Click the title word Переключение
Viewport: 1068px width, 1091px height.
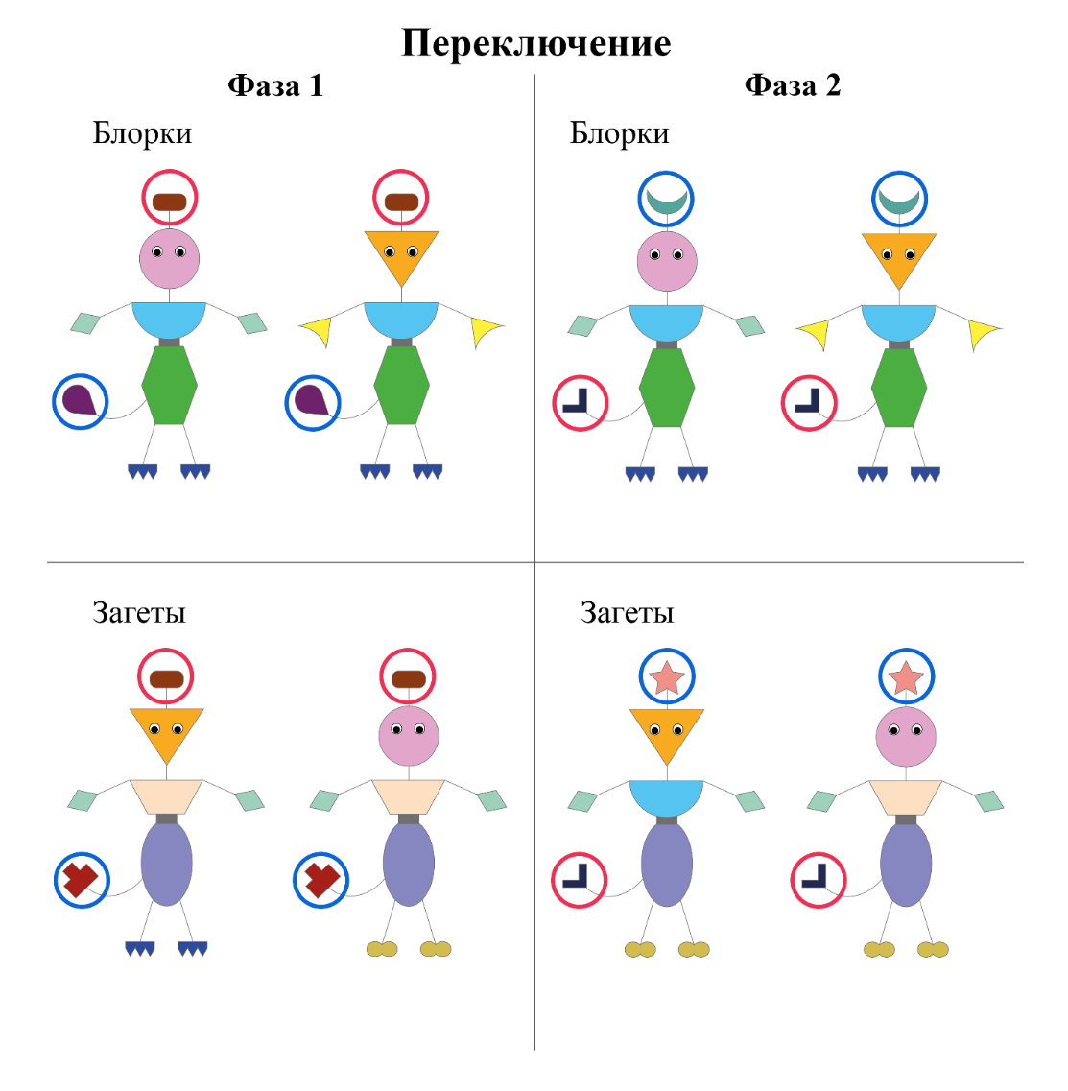[535, 43]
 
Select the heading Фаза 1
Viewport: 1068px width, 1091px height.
[275, 86]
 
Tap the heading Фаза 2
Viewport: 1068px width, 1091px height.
[792, 85]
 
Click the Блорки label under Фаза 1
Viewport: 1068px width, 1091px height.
[142, 133]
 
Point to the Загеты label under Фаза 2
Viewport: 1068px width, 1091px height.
[627, 612]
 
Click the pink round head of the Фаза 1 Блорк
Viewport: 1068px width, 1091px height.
[169, 258]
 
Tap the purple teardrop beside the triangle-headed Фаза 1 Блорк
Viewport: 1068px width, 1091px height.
[312, 400]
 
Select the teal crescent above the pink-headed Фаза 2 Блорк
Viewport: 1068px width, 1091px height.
[667, 202]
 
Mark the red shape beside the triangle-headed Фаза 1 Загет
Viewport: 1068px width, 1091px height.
[81, 878]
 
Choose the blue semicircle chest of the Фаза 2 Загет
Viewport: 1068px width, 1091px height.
[666, 795]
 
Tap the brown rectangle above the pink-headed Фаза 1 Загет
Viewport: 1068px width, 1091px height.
[409, 679]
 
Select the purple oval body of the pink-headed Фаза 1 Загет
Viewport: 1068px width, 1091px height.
[409, 864]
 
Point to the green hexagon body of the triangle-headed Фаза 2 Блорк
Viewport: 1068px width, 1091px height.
[899, 387]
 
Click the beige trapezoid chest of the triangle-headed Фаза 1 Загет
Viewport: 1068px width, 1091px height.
[166, 795]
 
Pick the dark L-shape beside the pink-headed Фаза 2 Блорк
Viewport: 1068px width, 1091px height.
[579, 402]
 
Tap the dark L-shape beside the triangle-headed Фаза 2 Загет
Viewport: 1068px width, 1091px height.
[578, 877]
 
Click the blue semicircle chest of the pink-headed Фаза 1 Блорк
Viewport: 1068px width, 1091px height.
[169, 317]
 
